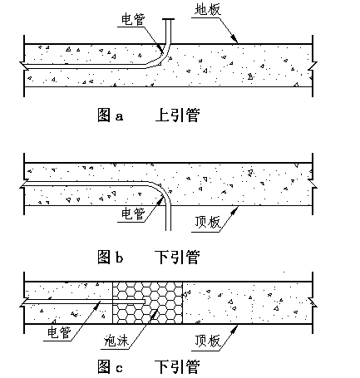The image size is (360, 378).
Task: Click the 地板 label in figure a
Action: (208, 10)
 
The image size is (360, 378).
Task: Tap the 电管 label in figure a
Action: (134, 20)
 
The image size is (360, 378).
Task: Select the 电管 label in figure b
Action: (134, 214)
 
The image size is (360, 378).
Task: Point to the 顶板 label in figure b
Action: (208, 222)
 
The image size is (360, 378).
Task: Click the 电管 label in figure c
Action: (59, 332)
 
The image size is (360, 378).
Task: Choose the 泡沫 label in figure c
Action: (116, 341)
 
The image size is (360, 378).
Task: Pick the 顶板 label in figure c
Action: (208, 341)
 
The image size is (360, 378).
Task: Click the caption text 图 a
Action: (110, 115)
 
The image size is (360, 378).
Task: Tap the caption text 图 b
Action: (110, 257)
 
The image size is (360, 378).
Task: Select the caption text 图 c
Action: (110, 366)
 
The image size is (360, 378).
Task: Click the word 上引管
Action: (177, 115)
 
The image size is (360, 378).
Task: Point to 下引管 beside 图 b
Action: (177, 257)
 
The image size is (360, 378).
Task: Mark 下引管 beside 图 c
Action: (177, 366)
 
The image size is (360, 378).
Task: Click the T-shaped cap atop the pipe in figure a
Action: (168, 19)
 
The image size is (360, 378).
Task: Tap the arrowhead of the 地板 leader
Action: (234, 39)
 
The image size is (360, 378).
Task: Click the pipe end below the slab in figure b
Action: (168, 230)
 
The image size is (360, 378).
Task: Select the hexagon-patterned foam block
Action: (147, 302)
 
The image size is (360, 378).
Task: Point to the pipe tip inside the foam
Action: (145, 302)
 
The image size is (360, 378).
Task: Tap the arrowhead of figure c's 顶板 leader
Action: (234, 329)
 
